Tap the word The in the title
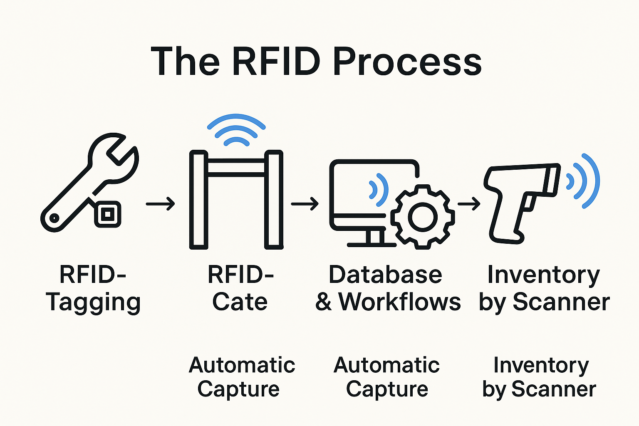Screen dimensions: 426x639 pyautogui.click(x=185, y=62)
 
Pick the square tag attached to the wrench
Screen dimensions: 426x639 pyautogui.click(x=108, y=214)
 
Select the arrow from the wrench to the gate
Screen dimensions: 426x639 pyautogui.click(x=160, y=204)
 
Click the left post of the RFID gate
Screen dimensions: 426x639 pyautogui.click(x=198, y=200)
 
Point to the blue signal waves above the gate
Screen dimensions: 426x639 pyautogui.click(x=236, y=129)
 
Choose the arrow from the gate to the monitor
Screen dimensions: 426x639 pyautogui.click(x=305, y=204)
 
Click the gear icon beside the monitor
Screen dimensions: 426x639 pyautogui.click(x=423, y=217)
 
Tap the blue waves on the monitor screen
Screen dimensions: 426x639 pyautogui.click(x=379, y=190)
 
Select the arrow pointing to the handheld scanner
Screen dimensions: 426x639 pyautogui.click(x=469, y=204)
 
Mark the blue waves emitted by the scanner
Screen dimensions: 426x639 pyautogui.click(x=585, y=181)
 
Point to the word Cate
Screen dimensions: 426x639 pyautogui.click(x=240, y=302)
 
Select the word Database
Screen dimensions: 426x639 pyautogui.click(x=385, y=275)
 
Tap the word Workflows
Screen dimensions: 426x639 pyautogui.click(x=399, y=302)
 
